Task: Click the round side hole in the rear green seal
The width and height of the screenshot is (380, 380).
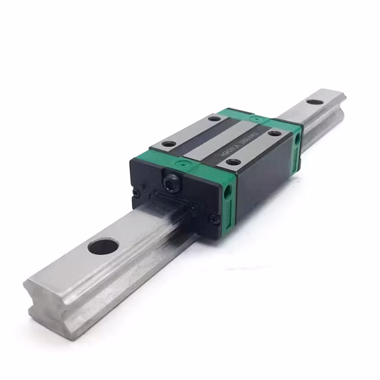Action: pos(298,139)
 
